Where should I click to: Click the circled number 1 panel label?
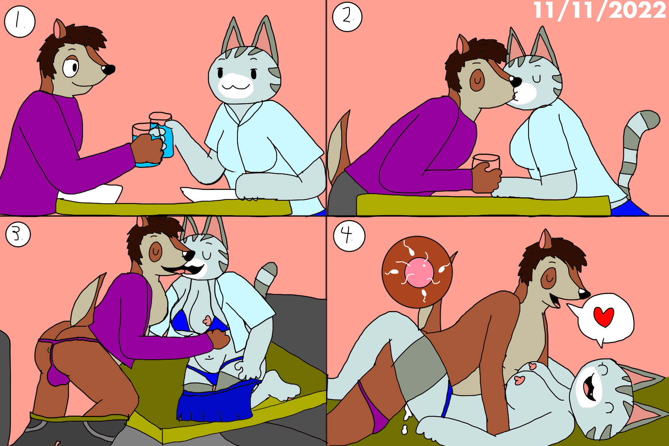click(20, 22)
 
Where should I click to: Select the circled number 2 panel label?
click(347, 17)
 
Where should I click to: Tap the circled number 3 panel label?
click(18, 235)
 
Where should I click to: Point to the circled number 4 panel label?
click(349, 236)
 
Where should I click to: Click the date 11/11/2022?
click(600, 11)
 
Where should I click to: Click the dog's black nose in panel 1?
click(108, 70)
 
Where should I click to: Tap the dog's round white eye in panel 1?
click(71, 68)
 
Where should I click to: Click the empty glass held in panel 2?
click(486, 164)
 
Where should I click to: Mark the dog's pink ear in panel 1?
click(60, 29)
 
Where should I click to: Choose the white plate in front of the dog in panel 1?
click(90, 194)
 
